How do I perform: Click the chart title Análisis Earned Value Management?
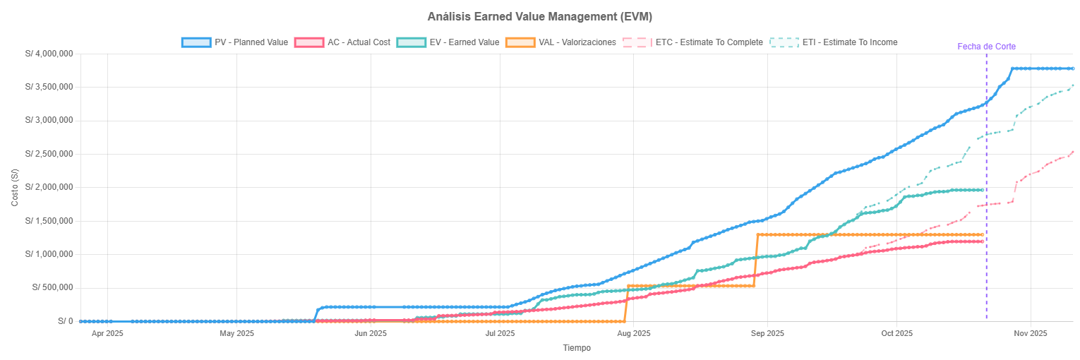pyautogui.click(x=539, y=16)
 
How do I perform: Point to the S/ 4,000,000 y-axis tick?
pyautogui.click(x=49, y=54)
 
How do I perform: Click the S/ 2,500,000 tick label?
pyautogui.click(x=49, y=154)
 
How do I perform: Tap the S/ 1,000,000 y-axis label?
pyautogui.click(x=49, y=254)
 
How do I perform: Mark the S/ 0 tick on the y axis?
pyautogui.click(x=66, y=321)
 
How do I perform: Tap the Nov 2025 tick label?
pyautogui.click(x=1030, y=333)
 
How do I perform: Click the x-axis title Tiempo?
pyautogui.click(x=576, y=348)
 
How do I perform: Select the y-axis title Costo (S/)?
pyautogui.click(x=15, y=187)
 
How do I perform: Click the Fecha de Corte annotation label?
pyautogui.click(x=986, y=47)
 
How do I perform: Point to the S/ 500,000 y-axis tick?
pyautogui.click(x=52, y=287)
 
